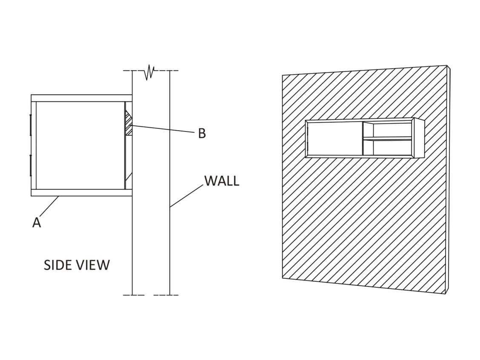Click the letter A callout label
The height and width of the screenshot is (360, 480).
37,222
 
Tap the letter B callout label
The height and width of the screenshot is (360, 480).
202,133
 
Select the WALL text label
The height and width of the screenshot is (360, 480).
222,181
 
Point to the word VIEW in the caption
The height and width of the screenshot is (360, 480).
94,265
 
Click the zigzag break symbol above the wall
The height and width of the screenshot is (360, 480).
149,72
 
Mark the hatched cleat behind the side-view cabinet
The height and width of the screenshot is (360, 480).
129,123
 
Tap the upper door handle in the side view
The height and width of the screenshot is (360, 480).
30,125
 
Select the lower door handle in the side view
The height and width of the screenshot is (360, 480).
30,165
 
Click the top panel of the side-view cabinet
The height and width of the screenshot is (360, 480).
82,98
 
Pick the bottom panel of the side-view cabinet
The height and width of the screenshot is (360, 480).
82,192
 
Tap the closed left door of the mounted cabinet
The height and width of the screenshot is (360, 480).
334,138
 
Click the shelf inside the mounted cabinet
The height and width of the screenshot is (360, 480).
388,138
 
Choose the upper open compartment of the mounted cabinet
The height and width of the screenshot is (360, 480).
388,129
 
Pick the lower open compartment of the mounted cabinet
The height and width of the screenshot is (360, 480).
388,148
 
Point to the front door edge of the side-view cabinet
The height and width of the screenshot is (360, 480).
34,146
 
